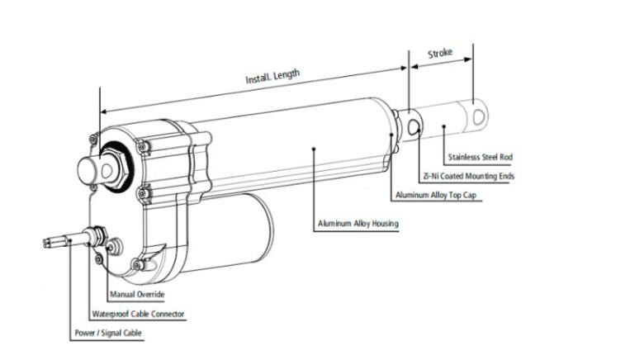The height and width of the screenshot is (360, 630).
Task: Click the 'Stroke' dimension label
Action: point(440,54)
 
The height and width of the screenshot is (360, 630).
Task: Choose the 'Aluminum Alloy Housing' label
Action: point(358,224)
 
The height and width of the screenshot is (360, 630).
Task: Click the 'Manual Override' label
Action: point(137,294)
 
